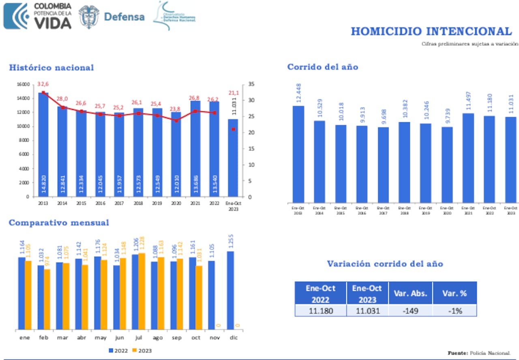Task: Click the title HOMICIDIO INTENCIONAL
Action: tap(431, 31)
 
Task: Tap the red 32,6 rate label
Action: tap(43, 84)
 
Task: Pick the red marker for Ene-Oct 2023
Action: tap(234, 129)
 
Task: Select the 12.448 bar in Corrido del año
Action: tap(298, 154)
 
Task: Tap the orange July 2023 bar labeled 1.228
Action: tap(142, 291)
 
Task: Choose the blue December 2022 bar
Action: tap(230, 290)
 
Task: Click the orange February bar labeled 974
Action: tap(47, 299)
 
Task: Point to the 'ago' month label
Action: tap(157, 338)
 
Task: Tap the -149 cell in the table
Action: tap(410, 311)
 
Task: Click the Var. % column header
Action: tap(454, 293)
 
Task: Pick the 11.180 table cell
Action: tap(320, 311)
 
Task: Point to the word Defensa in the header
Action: tap(124, 17)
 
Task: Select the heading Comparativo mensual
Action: tap(59, 223)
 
